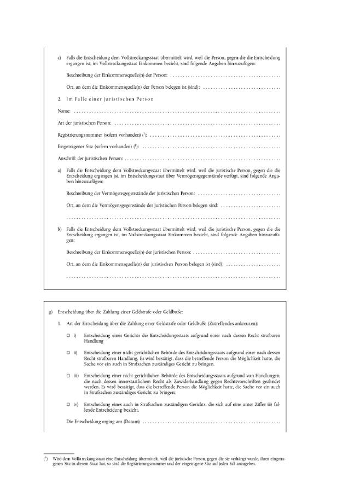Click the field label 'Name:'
click(64, 111)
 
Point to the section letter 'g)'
click(50, 311)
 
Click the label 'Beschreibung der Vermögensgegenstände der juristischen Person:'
click(130, 194)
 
